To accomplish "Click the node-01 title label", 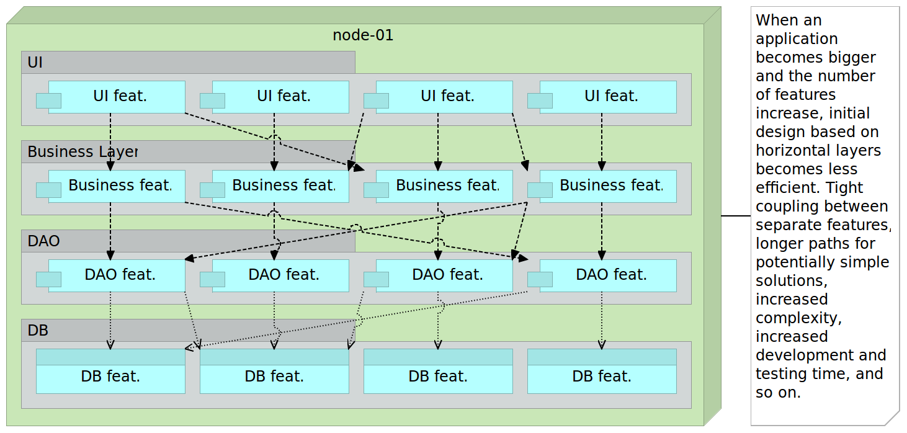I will tap(363, 35).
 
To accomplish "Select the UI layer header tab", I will tap(35, 63).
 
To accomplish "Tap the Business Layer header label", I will tap(82, 152).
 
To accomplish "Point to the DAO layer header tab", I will tap(43, 241).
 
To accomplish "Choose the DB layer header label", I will tap(38, 331).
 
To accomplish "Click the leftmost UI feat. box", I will tap(120, 97).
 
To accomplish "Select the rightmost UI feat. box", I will tap(611, 97).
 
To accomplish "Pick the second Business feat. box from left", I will tap(284, 186).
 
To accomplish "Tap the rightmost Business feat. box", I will tap(611, 186).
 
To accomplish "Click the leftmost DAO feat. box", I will tap(120, 275).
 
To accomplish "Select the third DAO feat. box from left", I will tap(447, 275).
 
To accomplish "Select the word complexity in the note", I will tap(798, 318).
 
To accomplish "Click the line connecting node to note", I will tap(736, 216).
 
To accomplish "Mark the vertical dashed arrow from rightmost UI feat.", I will tap(602, 140).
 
